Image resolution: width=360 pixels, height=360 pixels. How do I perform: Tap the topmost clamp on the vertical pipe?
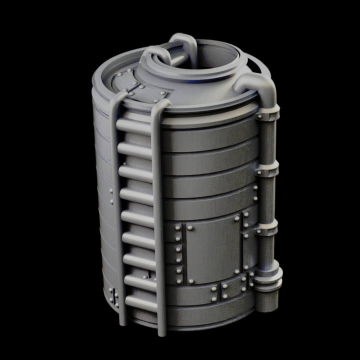click(268, 116)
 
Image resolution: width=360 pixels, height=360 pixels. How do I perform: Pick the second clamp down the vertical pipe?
click(268, 171)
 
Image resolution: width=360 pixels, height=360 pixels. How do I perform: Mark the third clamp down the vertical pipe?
click(268, 228)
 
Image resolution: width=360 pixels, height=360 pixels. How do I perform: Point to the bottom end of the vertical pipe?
click(267, 302)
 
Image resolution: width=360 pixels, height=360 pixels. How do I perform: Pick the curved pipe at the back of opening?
click(182, 42)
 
